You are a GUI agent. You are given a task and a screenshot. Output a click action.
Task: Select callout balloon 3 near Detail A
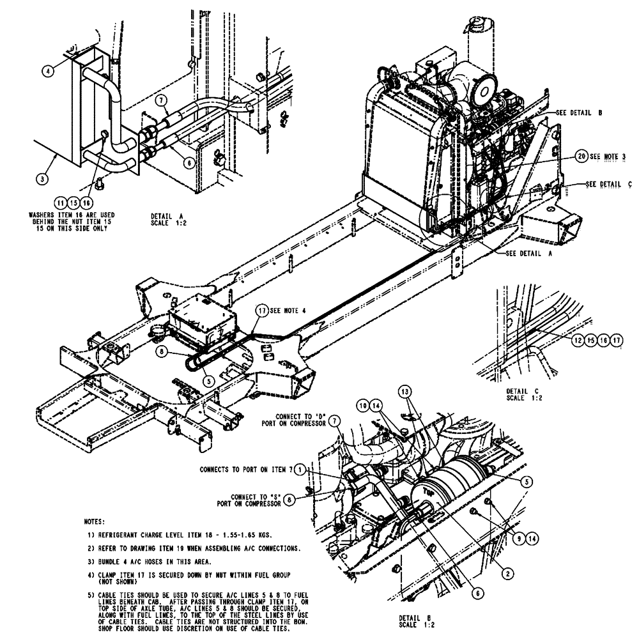coord(42,179)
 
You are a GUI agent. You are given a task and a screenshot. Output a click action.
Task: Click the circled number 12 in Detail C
coord(579,341)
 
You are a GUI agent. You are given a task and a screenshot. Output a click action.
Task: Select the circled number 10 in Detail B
coord(362,405)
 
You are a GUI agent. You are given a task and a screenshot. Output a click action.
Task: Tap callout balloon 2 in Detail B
coord(506,573)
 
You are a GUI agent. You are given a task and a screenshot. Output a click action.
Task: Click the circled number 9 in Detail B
coord(519,539)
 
